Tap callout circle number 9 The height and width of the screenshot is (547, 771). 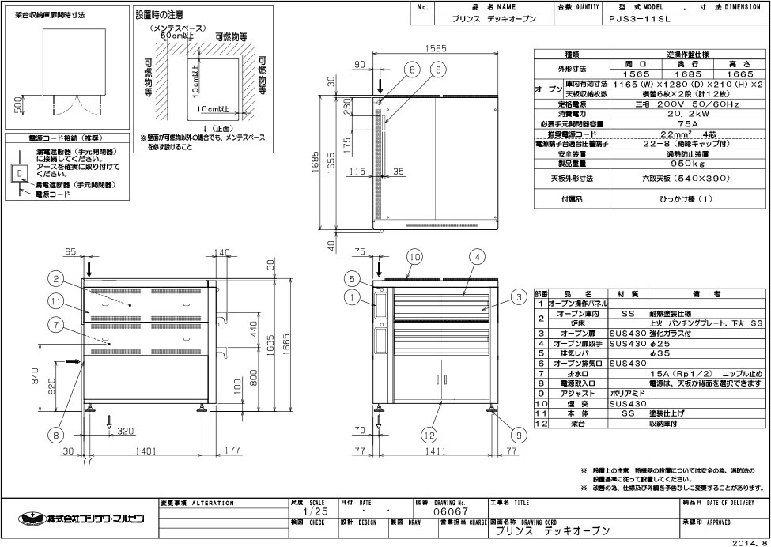pos(519,434)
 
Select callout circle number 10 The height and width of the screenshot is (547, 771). pos(414,256)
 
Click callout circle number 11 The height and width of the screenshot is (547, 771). pos(55,301)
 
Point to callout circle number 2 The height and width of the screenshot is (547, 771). pos(55,277)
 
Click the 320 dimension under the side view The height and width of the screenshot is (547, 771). pos(123,432)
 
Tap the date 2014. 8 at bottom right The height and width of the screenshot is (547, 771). pos(748,541)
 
